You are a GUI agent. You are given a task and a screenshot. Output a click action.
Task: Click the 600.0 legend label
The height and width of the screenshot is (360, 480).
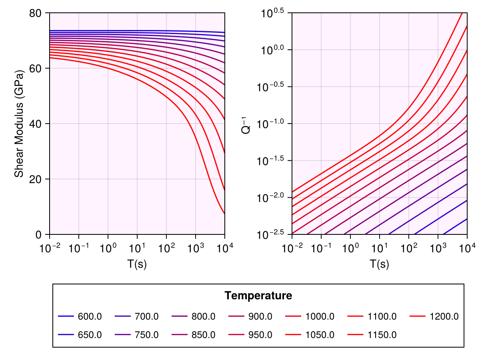coord(90,317)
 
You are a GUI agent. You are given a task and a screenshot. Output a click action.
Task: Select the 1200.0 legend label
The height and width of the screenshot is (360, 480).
coord(443,317)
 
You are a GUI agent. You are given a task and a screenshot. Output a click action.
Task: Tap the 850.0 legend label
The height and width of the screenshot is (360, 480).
coord(204,335)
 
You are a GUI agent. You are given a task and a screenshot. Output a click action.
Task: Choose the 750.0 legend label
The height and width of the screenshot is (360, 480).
coord(147,335)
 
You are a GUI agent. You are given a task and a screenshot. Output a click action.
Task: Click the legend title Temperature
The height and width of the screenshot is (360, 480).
coord(258,296)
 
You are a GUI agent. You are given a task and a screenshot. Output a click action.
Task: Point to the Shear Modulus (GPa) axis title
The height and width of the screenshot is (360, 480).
coord(18,124)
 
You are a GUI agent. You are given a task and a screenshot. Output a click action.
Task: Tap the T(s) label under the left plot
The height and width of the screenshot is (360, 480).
coord(137,264)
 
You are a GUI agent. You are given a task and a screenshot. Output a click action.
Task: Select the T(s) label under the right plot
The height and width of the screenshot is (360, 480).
coord(379,264)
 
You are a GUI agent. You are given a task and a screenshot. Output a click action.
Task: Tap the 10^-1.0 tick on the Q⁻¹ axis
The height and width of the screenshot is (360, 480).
coord(272,124)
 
